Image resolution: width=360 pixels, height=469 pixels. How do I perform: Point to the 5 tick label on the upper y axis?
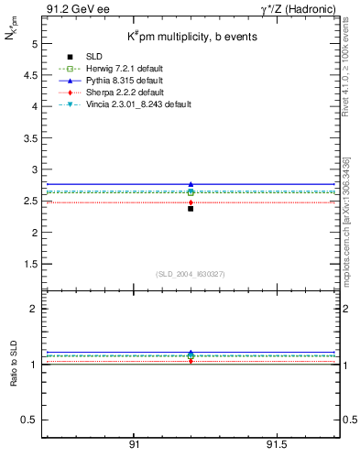tap(35, 44)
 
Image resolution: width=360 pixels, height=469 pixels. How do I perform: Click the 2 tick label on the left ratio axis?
tap(35, 309)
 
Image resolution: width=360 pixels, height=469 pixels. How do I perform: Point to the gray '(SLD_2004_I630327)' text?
tap(190, 274)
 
